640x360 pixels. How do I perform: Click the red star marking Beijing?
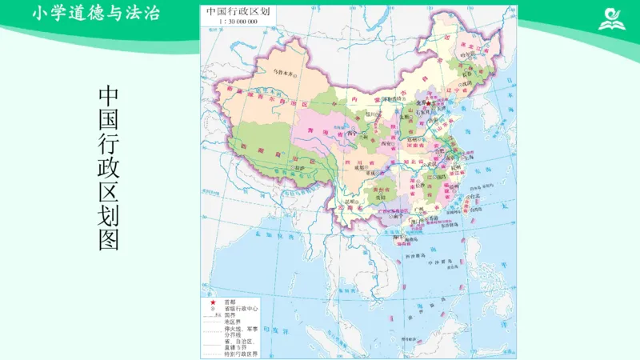click(429, 103)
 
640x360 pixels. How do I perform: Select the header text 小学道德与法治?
click(96, 14)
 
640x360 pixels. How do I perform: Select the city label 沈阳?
click(468, 82)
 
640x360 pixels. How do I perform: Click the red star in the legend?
click(213, 302)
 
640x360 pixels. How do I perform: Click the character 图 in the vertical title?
click(109, 239)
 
